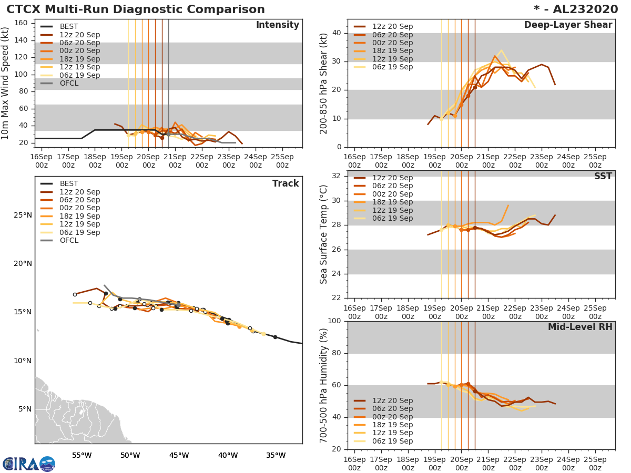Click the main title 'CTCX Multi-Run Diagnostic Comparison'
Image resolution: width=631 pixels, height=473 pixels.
click(136, 9)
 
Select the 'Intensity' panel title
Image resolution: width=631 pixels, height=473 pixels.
click(277, 25)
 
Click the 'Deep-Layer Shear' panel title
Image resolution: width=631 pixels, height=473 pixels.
click(568, 25)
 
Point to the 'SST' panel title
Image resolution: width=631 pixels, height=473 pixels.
click(603, 176)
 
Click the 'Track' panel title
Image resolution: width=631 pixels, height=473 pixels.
click(285, 183)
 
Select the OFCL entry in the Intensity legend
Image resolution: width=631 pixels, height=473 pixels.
click(69, 83)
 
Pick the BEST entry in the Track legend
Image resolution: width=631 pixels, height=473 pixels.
click(69, 183)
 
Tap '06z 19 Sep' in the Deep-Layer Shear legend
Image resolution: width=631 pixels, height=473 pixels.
click(392, 67)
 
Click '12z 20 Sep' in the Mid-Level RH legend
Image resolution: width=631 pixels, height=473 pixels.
click(392, 400)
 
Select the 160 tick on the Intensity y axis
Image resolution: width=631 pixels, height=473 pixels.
click(21, 23)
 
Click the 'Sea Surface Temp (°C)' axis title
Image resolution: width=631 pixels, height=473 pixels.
click(324, 234)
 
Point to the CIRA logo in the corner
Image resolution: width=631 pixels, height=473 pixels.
click(29, 464)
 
